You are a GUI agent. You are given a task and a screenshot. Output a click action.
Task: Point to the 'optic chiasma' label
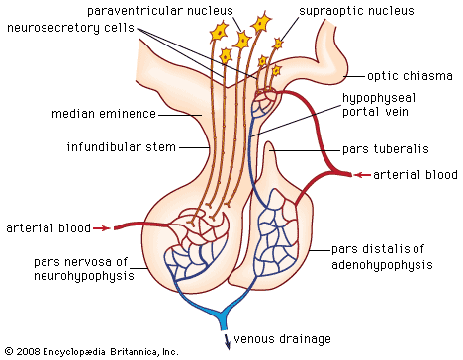pyautogui.click(x=409, y=74)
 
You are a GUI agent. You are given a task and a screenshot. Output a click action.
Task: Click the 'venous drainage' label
pyautogui.click(x=287, y=339)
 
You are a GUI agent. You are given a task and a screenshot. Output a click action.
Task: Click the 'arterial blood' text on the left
pyautogui.click(x=44, y=227)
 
